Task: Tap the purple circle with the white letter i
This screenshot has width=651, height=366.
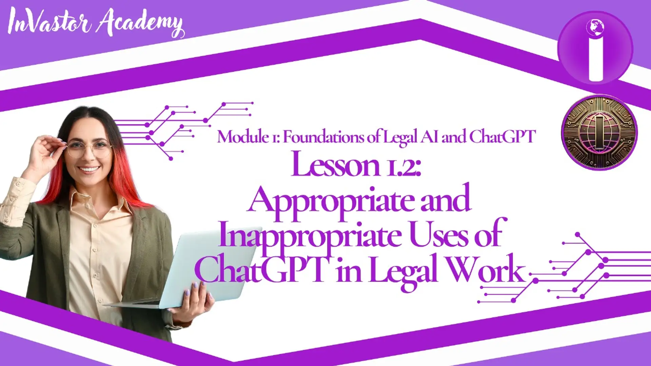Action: tap(595, 48)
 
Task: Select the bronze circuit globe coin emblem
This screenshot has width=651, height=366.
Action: tap(599, 133)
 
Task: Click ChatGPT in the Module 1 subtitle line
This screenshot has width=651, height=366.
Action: tap(502, 137)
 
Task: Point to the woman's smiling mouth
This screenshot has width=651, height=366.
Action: tap(89, 169)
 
